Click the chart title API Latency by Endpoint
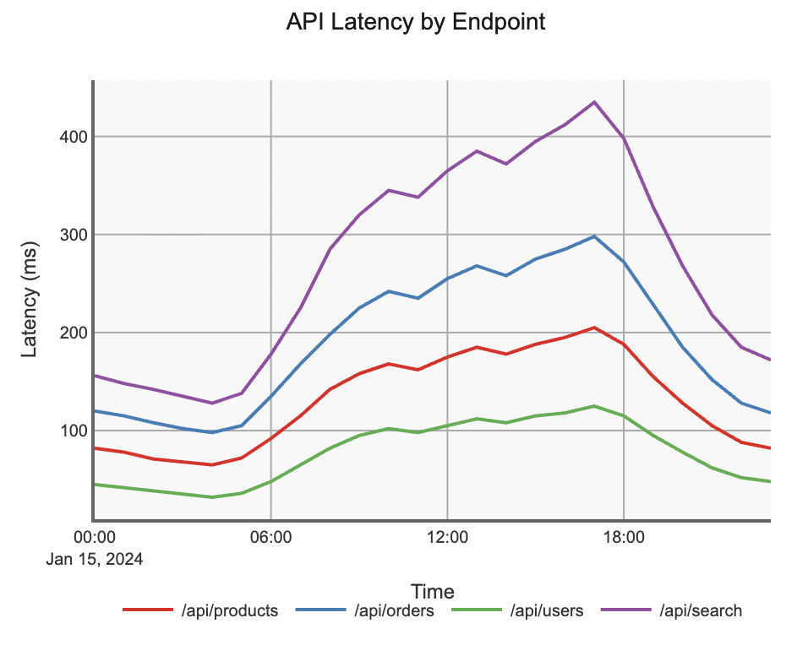[416, 23]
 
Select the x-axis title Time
[432, 591]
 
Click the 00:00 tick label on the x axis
[94, 537]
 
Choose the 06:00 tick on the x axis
[270, 537]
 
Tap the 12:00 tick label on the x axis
[447, 537]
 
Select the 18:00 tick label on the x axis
[624, 537]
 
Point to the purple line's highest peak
[594, 102]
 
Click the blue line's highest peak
[594, 236]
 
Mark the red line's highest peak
[594, 328]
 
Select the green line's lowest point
[211, 497]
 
